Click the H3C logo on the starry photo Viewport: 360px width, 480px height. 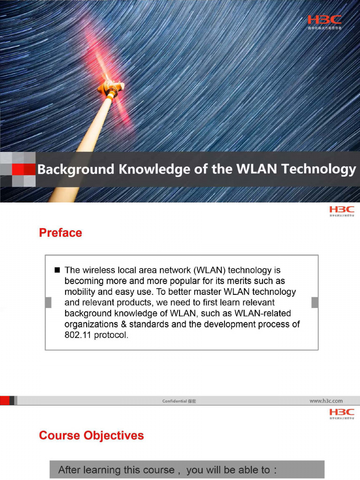point(324,20)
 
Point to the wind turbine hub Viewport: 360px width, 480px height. point(112,87)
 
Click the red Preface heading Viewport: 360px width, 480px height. point(60,233)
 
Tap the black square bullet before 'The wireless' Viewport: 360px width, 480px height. point(58,270)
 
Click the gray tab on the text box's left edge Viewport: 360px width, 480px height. point(48,302)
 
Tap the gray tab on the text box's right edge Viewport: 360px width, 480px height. point(315,302)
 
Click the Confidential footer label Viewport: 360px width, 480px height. point(175,401)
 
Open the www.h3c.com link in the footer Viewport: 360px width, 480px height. point(326,401)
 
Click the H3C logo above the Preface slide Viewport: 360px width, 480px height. point(342,210)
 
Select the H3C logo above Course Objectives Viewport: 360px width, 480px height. point(342,412)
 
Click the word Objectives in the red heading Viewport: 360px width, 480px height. point(114,435)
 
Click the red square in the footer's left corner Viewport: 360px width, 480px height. point(5,400)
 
